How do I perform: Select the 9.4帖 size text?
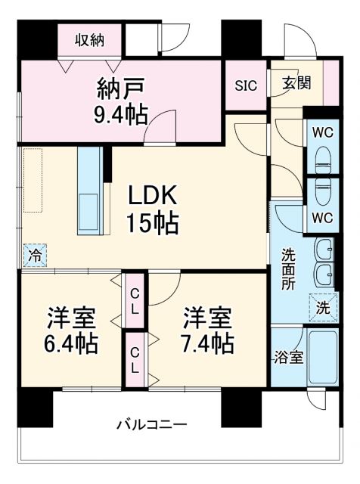121,114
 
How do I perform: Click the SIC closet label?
245,85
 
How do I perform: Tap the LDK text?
152,195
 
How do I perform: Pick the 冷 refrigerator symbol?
34,256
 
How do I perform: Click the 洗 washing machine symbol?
324,307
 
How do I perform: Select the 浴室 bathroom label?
288,357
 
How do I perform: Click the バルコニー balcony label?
151,423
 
